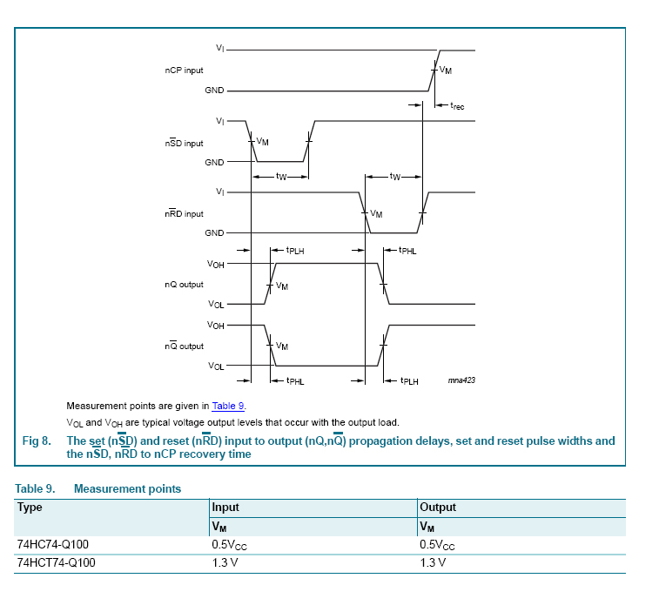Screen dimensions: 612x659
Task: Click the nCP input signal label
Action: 184,70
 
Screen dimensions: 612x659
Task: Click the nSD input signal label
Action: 184,144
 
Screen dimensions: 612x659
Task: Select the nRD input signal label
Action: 184,214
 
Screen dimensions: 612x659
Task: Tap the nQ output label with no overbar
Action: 184,285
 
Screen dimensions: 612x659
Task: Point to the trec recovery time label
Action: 457,106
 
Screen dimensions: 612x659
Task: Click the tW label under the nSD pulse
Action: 280,177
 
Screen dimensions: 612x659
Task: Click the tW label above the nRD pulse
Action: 394,177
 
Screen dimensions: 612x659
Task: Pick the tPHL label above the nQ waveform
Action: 407,251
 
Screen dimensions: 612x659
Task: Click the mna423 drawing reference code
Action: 461,380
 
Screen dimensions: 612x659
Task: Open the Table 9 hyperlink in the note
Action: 229,406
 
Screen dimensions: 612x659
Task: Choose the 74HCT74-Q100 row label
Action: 56,563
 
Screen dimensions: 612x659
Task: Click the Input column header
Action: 225,508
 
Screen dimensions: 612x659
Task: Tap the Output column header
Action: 438,508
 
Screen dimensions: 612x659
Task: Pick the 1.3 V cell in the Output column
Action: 433,563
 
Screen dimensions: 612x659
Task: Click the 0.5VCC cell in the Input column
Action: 230,545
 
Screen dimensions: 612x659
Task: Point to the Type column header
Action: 30,508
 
